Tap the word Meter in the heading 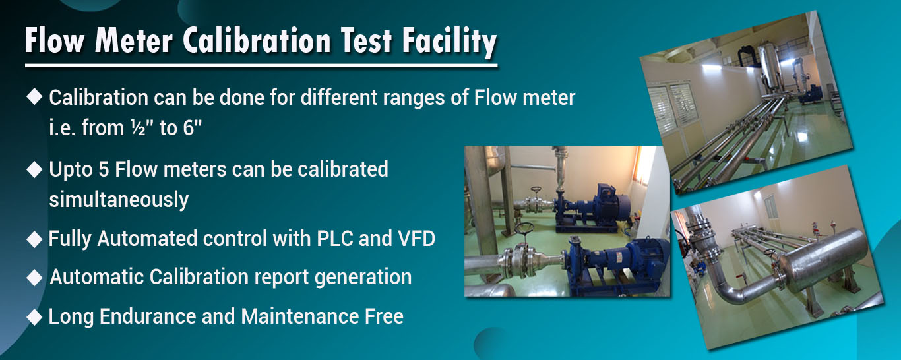(x=133, y=41)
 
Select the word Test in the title (x=366, y=41)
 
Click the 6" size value (x=192, y=128)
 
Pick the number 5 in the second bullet (x=104, y=169)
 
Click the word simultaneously (x=119, y=200)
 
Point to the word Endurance (x=148, y=316)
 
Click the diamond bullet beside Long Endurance (x=34, y=317)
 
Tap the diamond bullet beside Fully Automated (x=34, y=239)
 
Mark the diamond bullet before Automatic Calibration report (x=34, y=278)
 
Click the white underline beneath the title (x=261, y=65)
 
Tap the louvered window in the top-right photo (x=669, y=107)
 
